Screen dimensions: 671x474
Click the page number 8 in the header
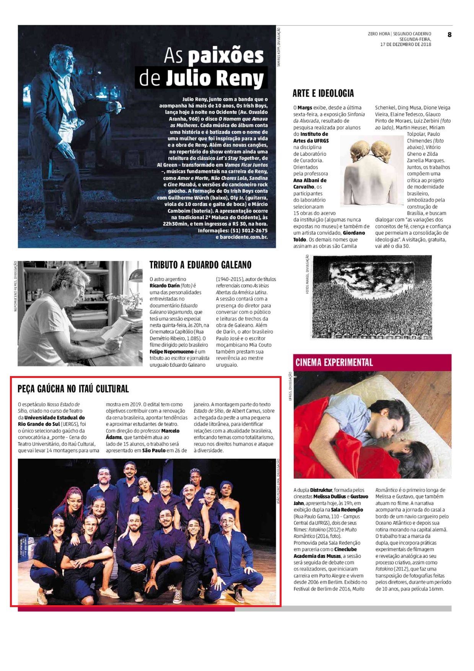pyautogui.click(x=449, y=35)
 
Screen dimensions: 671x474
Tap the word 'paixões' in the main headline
pyautogui.click(x=226, y=56)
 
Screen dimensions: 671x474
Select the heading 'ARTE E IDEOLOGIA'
pyautogui.click(x=323, y=93)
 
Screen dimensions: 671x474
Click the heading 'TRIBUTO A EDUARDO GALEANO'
pyautogui.click(x=200, y=265)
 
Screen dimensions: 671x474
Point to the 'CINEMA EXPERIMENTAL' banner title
pyautogui.click(x=334, y=362)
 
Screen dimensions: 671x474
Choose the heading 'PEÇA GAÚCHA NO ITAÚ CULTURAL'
pyautogui.click(x=73, y=389)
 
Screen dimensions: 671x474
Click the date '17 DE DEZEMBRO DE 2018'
pyautogui.click(x=406, y=44)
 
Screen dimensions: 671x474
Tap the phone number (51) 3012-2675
pyautogui.click(x=249, y=230)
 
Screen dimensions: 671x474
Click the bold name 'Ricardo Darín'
pyautogui.click(x=165, y=286)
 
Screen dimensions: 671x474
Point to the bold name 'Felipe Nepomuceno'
pyautogui.click(x=171, y=352)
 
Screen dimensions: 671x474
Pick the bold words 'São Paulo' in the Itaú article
pyautogui.click(x=154, y=451)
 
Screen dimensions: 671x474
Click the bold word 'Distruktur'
pyautogui.click(x=321, y=490)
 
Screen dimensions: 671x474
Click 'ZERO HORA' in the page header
pyautogui.click(x=379, y=34)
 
